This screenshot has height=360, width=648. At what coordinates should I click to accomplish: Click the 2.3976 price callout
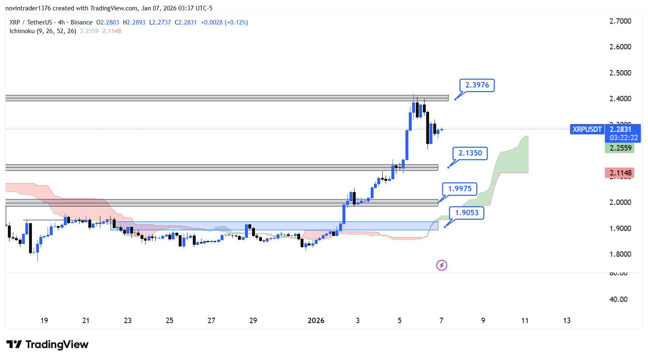pyautogui.click(x=477, y=85)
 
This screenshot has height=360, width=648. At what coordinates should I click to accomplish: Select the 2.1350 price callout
pyautogui.click(x=470, y=153)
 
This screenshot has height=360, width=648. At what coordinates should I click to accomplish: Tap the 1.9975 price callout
pyautogui.click(x=460, y=189)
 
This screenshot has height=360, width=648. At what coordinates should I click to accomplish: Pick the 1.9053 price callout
pyautogui.click(x=466, y=213)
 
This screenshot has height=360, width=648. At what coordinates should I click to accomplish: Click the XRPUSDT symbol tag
pyautogui.click(x=587, y=129)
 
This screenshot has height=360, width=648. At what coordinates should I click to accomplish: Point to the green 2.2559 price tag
pyautogui.click(x=620, y=148)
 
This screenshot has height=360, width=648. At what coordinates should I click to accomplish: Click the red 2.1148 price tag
pyautogui.click(x=620, y=173)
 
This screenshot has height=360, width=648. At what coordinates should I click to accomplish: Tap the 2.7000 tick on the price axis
pyautogui.click(x=620, y=21)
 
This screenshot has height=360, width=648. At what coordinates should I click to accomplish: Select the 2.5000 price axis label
pyautogui.click(x=620, y=73)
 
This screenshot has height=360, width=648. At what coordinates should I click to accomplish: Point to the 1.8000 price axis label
pyautogui.click(x=620, y=254)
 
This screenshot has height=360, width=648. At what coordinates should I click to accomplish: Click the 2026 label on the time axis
pyautogui.click(x=316, y=321)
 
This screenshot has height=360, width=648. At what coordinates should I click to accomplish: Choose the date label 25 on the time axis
pyautogui.click(x=170, y=321)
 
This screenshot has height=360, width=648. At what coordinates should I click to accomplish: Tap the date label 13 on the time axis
pyautogui.click(x=567, y=321)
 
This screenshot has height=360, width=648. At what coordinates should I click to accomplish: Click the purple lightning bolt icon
pyautogui.click(x=442, y=265)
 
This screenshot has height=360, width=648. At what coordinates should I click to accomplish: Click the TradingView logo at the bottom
pyautogui.click(x=48, y=345)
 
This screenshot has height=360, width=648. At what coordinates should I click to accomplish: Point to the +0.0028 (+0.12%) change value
pyautogui.click(x=224, y=22)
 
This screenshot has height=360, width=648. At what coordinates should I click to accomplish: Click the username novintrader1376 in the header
pyautogui.click(x=28, y=8)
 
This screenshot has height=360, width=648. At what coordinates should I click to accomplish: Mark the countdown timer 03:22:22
pyautogui.click(x=624, y=138)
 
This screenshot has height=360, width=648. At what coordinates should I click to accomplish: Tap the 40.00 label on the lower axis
pyautogui.click(x=618, y=299)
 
